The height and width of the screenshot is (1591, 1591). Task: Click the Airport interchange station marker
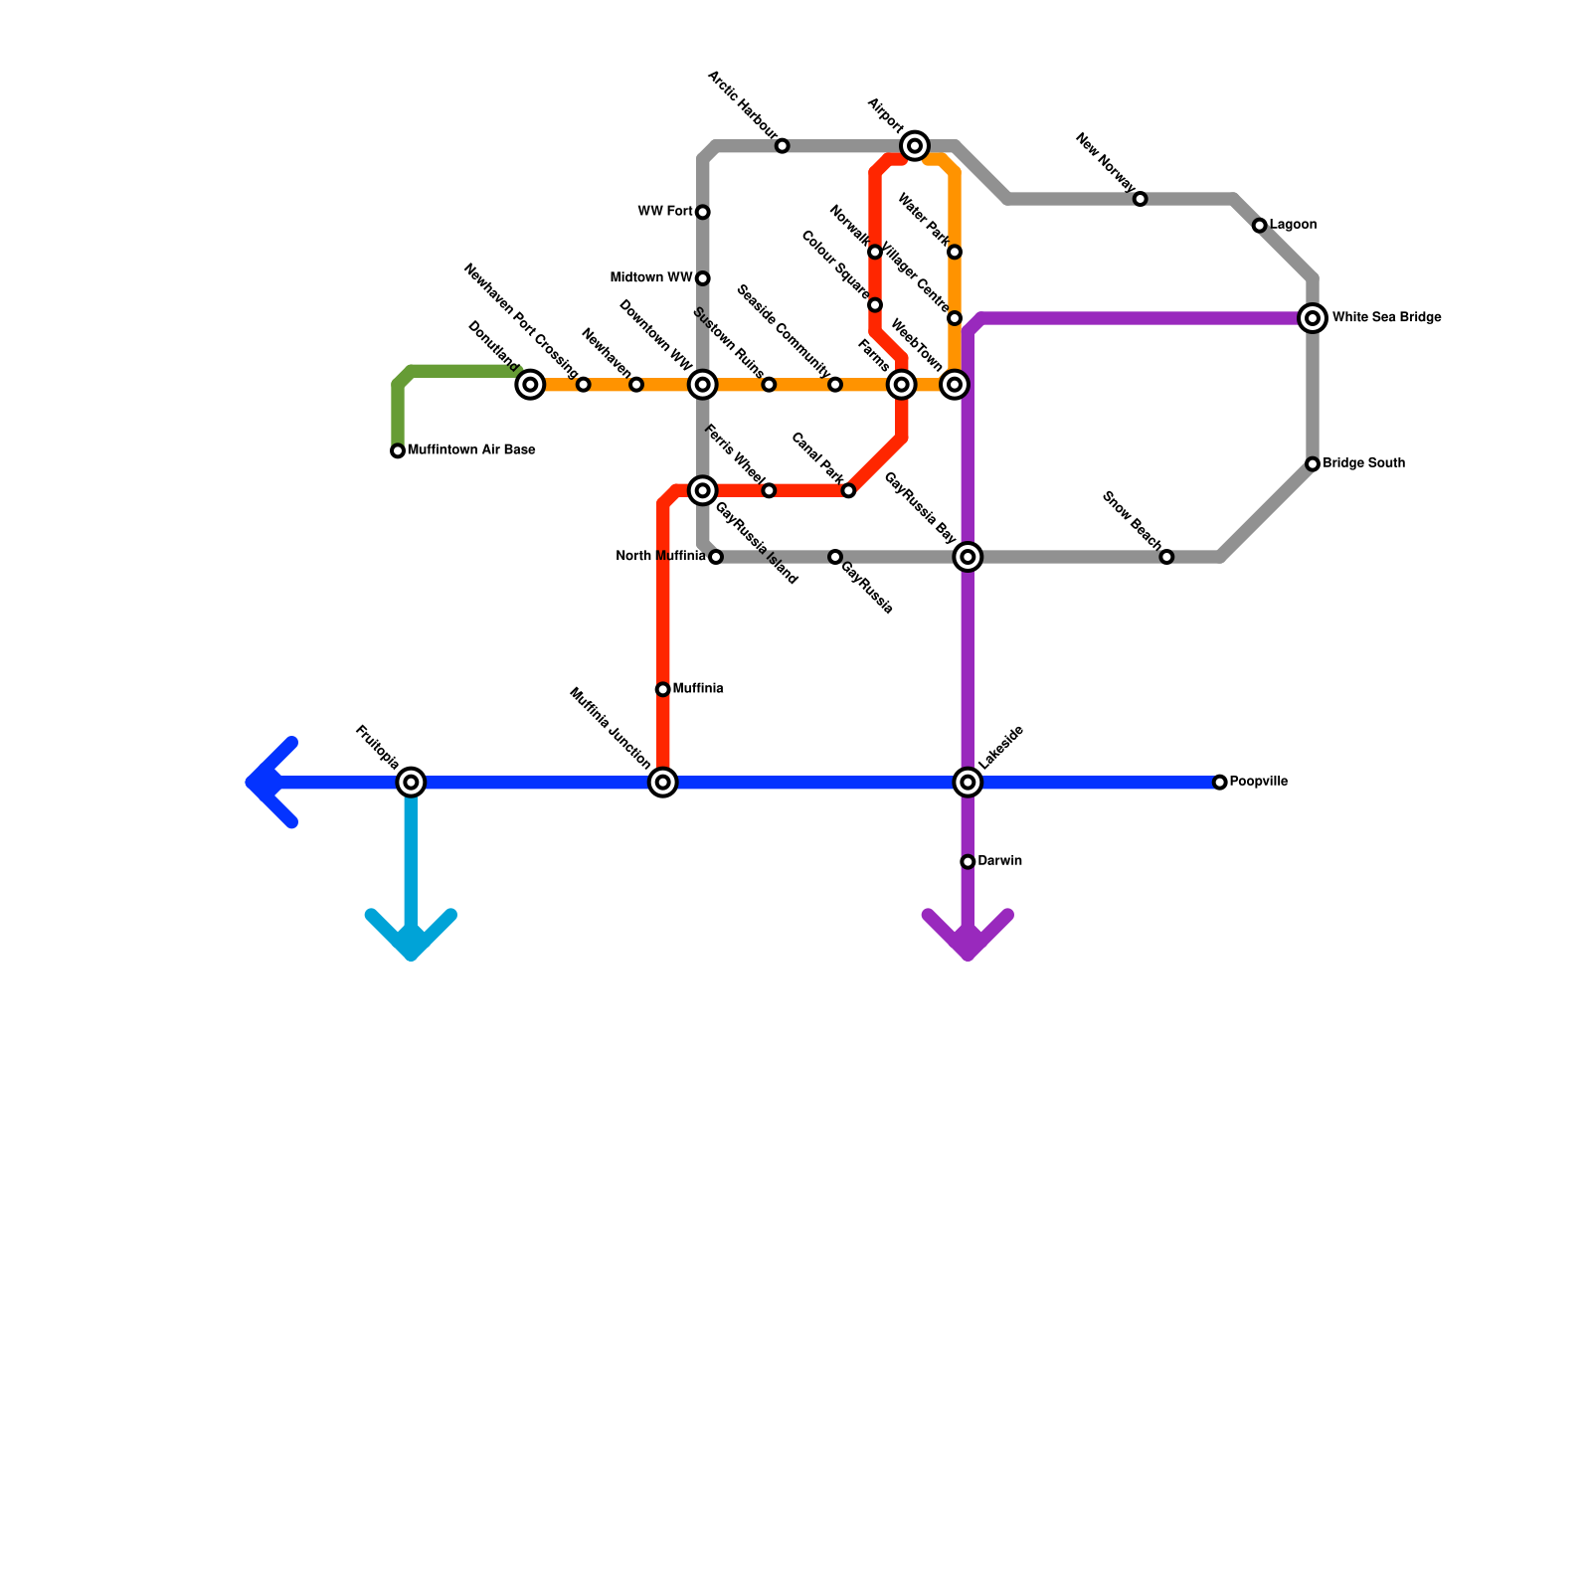click(x=915, y=146)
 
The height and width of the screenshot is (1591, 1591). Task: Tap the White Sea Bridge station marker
click(x=1313, y=318)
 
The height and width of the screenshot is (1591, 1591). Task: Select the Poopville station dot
click(x=1220, y=783)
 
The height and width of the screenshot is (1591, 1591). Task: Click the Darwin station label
click(x=999, y=861)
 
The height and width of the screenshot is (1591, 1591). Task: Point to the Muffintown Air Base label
click(x=471, y=450)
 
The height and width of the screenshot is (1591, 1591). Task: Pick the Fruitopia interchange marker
click(x=411, y=783)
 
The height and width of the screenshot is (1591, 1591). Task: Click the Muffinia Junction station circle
click(x=663, y=783)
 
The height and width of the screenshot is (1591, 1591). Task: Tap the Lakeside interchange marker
click(x=968, y=783)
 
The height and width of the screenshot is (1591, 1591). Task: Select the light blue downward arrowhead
click(x=412, y=940)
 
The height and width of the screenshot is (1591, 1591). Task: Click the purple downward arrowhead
click(x=969, y=940)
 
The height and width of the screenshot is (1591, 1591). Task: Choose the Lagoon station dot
click(x=1260, y=226)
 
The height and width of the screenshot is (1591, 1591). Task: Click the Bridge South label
click(x=1363, y=463)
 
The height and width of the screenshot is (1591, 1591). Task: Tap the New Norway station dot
click(x=1141, y=199)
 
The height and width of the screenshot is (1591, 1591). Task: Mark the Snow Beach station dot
click(x=1166, y=557)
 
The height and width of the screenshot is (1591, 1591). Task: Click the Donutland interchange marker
click(x=531, y=385)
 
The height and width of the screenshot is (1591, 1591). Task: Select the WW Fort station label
click(x=665, y=212)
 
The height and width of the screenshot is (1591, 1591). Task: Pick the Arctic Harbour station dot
click(x=783, y=146)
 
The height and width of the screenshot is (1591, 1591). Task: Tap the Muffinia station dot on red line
click(x=663, y=689)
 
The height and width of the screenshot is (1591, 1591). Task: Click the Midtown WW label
click(x=651, y=278)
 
